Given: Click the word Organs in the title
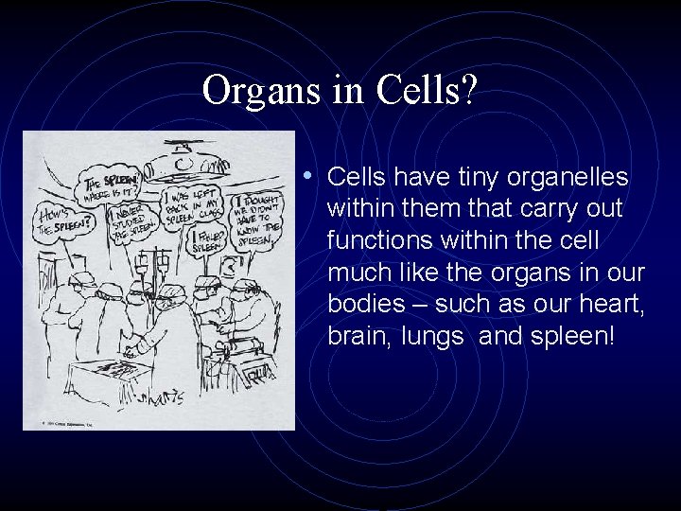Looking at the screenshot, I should [x=253, y=92].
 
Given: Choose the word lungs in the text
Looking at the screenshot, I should [x=431, y=336].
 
